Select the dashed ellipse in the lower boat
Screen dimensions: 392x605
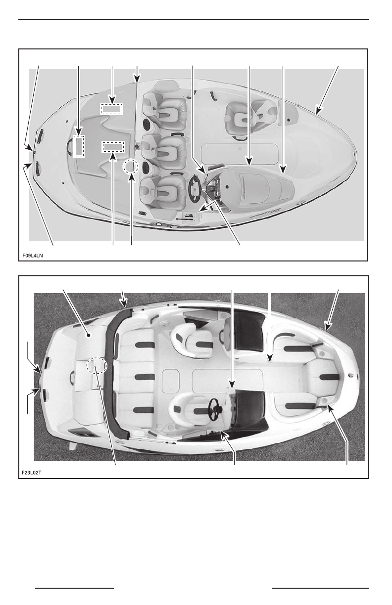[97, 366]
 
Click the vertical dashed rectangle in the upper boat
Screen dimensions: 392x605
[78, 146]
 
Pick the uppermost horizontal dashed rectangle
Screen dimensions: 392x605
[111, 109]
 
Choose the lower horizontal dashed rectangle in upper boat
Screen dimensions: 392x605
[114, 147]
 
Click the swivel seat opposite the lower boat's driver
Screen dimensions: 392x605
[193, 340]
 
